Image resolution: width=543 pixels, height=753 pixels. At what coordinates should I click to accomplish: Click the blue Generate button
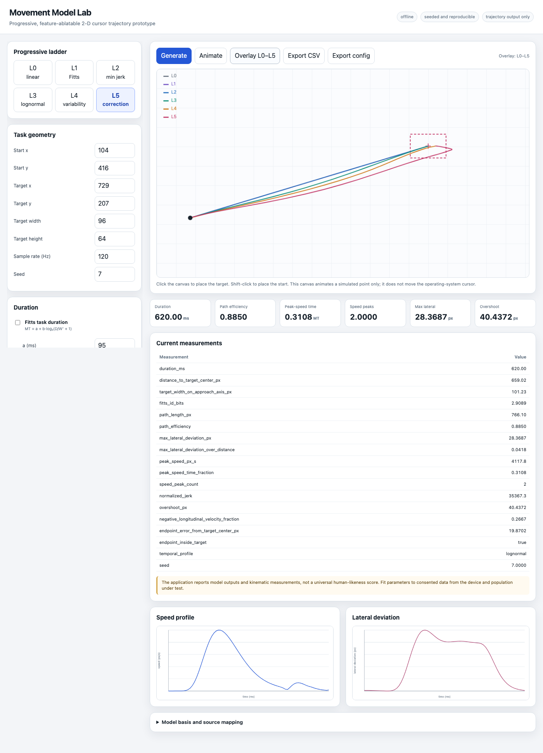pos(174,56)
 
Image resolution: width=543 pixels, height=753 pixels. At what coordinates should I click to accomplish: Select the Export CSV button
pos(304,56)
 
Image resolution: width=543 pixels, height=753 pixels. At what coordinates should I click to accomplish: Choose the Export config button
pos(351,56)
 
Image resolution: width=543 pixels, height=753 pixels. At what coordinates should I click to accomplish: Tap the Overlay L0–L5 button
pos(255,56)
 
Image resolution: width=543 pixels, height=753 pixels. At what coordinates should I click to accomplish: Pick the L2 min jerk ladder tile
pos(116,73)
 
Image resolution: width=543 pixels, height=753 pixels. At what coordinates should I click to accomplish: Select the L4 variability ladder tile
pos(74,100)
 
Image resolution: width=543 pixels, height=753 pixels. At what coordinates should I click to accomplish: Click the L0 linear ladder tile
pos(33,73)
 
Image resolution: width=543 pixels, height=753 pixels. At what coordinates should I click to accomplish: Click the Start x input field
pos(115,151)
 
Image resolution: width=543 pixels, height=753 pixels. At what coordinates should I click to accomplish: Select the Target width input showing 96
pos(115,221)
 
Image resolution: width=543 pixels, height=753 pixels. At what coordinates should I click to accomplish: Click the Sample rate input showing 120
pos(115,256)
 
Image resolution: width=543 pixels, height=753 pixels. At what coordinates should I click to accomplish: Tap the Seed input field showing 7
pos(115,274)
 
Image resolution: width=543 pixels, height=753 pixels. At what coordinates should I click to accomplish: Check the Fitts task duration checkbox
pos(17,322)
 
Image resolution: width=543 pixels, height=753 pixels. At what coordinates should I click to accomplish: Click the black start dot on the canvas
pos(190,218)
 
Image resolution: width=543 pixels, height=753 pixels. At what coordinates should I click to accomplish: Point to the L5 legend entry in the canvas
pos(170,117)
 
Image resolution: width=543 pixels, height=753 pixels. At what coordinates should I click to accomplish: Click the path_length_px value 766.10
pos(519,415)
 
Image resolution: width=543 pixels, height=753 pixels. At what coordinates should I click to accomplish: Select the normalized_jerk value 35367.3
pos(517,496)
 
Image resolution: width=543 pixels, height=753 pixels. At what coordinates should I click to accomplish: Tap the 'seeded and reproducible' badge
pos(450,17)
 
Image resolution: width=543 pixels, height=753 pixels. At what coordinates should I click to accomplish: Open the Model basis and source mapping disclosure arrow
pos(158,722)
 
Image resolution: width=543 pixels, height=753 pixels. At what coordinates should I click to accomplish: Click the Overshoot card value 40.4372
pos(496,317)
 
